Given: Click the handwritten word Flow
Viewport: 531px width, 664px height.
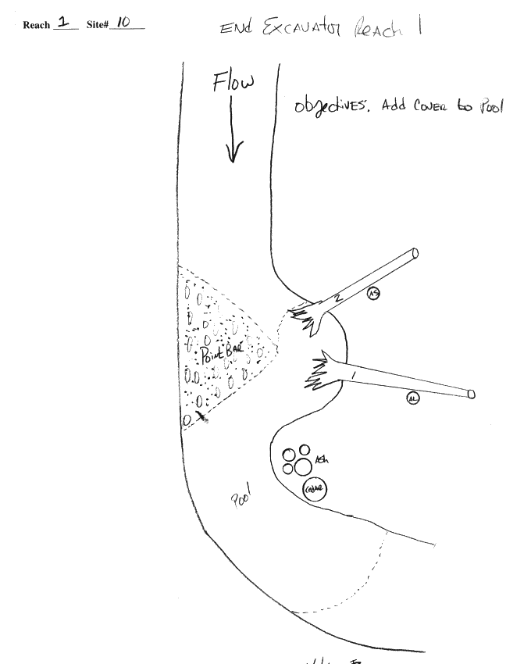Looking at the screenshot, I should [233, 82].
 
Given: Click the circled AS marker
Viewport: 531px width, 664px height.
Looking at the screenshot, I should [374, 294].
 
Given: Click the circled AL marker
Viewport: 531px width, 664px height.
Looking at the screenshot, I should [413, 398].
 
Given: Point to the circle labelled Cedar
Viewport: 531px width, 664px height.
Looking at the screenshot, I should [315, 489].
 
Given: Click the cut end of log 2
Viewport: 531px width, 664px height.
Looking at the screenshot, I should [415, 253].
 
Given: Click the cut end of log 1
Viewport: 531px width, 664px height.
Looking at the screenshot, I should [471, 394].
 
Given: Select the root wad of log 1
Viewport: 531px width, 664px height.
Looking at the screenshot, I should [318, 373].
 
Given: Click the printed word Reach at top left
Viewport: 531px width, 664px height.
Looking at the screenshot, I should [37, 26].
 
